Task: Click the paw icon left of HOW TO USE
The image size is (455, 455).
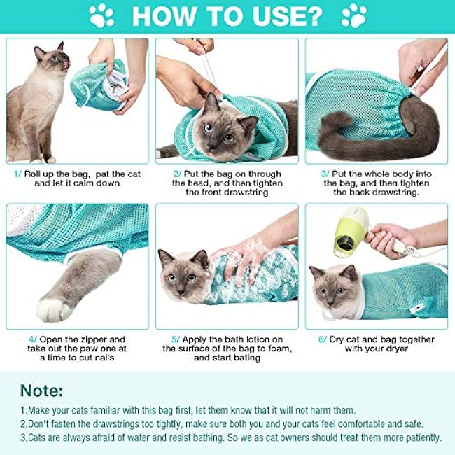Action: [x=102, y=15]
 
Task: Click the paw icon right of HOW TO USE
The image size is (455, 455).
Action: [x=354, y=15]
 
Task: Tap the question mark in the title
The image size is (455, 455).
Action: [x=313, y=15]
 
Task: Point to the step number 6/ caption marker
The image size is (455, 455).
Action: [x=323, y=339]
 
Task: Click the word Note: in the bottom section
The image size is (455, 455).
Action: [x=41, y=390]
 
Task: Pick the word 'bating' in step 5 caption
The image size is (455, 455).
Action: [x=244, y=358]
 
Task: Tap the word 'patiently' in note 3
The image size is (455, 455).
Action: [x=418, y=437]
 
